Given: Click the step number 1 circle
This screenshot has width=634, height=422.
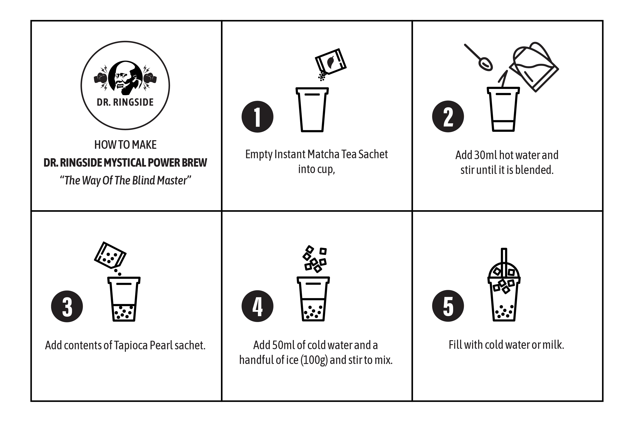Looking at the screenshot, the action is [257, 117].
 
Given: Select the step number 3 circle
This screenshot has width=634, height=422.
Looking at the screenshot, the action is [67, 306].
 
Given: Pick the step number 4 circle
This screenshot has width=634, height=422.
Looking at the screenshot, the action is [257, 306].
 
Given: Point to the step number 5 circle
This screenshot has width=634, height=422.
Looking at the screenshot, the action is [448, 306].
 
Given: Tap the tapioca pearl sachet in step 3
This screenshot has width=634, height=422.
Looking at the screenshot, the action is [110, 255].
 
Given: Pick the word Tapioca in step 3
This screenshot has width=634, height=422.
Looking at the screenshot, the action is [131, 345].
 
